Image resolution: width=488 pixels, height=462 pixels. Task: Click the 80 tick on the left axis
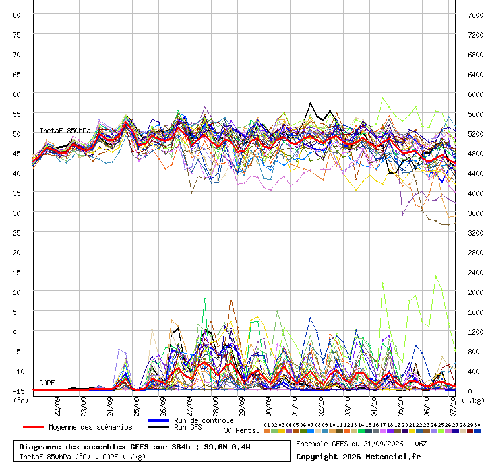16,15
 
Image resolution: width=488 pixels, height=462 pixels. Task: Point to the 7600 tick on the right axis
475,15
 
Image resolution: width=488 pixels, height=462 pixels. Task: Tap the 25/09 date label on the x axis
137,407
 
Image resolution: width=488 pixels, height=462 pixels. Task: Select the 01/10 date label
295,407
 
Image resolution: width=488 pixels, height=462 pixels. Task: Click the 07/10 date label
453,407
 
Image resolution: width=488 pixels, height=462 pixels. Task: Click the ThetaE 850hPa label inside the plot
65,131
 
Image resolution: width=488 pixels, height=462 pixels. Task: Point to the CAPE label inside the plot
47,383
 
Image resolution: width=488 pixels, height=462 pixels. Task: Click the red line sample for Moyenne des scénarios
33,427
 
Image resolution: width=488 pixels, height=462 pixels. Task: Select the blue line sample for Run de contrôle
159,420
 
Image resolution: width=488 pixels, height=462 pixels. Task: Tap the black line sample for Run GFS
159,427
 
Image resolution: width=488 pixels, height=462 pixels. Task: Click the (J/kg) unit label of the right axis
473,401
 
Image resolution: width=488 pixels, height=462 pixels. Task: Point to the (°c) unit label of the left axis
20,401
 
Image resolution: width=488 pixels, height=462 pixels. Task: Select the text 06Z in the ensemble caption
421,444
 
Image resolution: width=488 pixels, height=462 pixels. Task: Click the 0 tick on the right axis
470,391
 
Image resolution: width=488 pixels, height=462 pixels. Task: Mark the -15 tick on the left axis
18,391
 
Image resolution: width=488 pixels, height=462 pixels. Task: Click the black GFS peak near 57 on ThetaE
310,103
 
